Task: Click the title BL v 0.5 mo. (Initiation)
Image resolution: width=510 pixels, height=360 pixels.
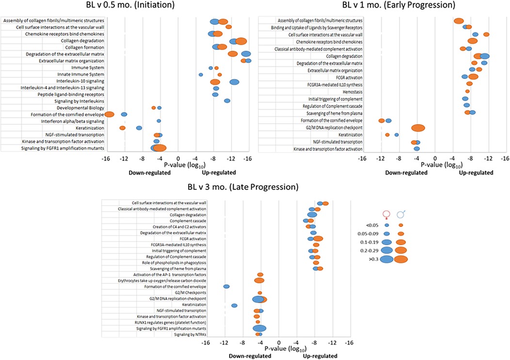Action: [x=58, y=6]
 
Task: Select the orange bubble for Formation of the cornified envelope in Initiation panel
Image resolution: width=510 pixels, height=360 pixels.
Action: [x=109, y=114]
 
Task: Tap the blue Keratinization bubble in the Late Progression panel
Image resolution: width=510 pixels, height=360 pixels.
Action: [x=235, y=305]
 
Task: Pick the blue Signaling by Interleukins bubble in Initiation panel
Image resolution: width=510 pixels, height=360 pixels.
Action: [x=227, y=101]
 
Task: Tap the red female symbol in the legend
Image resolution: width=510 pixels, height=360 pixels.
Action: [x=386, y=214]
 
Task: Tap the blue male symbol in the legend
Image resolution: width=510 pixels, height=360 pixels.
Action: [x=401, y=214]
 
